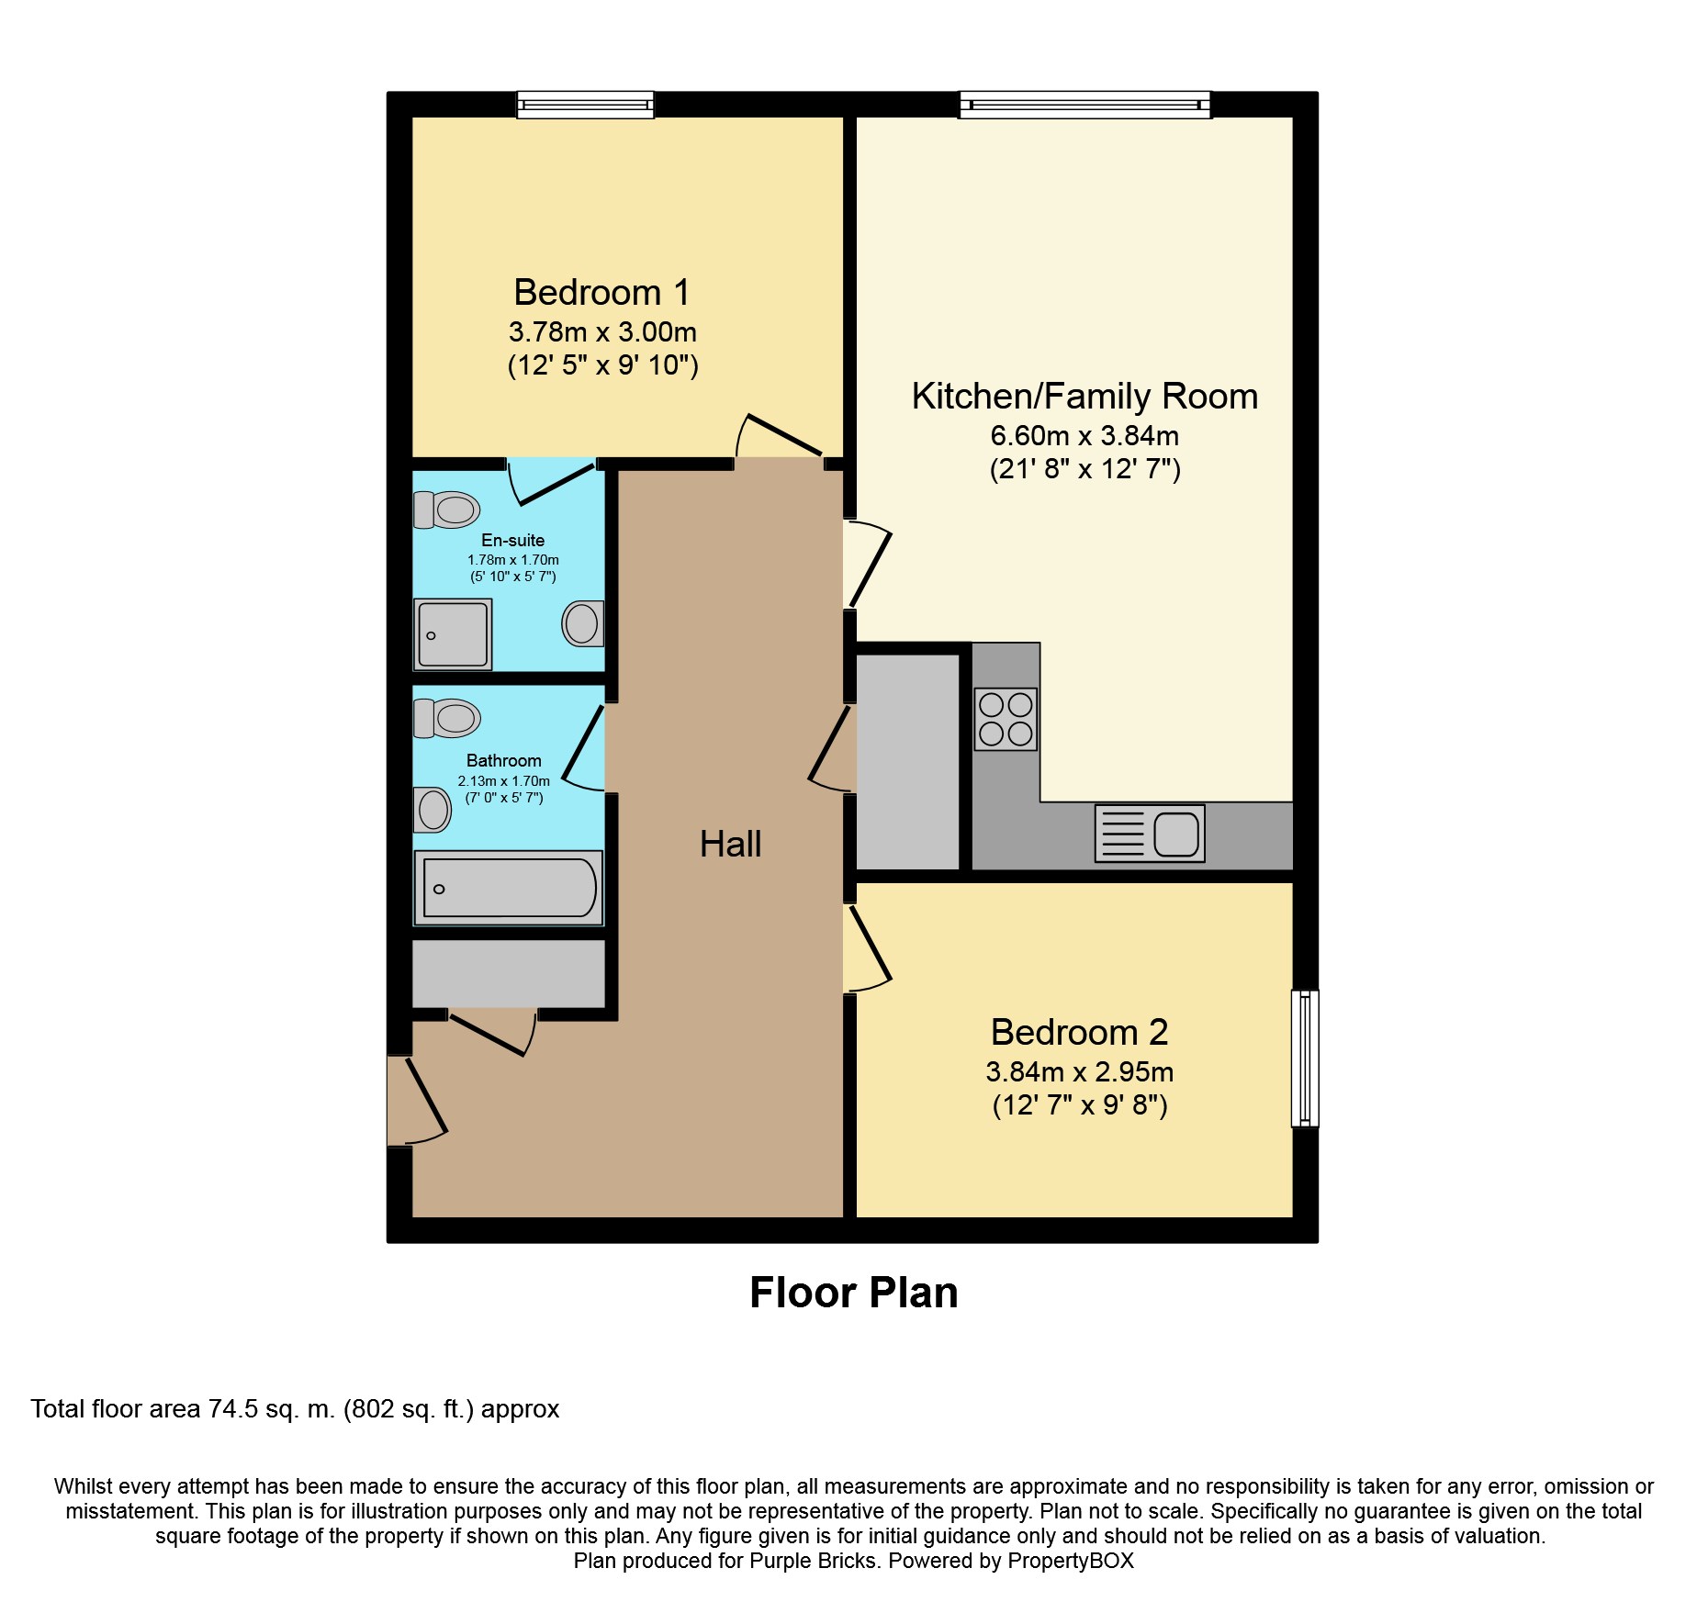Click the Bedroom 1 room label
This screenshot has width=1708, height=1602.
(x=601, y=293)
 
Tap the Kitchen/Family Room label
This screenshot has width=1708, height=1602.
(x=1084, y=397)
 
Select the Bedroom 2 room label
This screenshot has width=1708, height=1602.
(x=1079, y=1033)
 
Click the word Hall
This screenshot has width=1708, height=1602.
(x=730, y=845)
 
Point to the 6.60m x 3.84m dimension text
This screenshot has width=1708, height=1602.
(x=1084, y=436)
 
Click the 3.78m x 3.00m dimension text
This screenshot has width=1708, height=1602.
(x=602, y=332)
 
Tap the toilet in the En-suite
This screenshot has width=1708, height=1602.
(x=447, y=510)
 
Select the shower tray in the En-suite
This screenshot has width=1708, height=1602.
(x=453, y=634)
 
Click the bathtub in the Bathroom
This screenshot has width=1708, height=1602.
(x=509, y=888)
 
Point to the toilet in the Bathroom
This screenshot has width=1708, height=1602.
(x=447, y=718)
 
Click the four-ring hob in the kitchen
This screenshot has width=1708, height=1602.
(x=1006, y=719)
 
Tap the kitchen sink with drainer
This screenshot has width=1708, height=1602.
(x=1150, y=834)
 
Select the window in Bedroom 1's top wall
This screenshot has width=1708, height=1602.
(x=585, y=105)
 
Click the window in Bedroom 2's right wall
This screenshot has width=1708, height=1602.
(x=1305, y=1058)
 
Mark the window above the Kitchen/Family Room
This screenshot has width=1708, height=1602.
(x=1084, y=105)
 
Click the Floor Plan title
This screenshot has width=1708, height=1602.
(x=853, y=1293)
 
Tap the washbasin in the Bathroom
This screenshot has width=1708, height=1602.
(x=433, y=810)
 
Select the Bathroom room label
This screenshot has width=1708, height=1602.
(x=503, y=761)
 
